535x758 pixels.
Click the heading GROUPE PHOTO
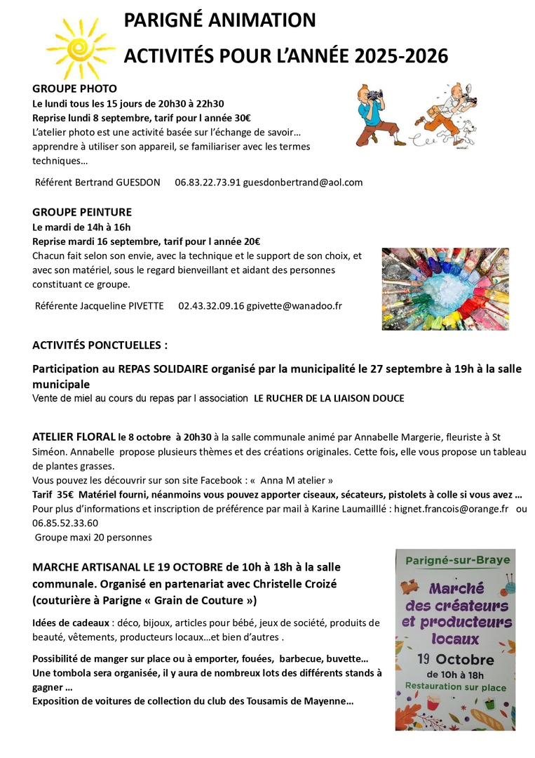[74, 88]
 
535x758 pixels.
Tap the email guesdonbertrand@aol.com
[303, 182]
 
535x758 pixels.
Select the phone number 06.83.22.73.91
[208, 182]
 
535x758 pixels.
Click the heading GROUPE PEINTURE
[81, 212]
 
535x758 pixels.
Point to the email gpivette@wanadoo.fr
[294, 306]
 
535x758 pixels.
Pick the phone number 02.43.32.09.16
[211, 306]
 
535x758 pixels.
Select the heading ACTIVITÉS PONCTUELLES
[100, 345]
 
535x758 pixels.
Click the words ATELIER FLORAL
[74, 437]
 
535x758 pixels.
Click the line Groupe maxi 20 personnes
[93, 537]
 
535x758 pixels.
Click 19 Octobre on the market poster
[455, 660]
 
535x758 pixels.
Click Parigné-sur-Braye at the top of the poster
[454, 560]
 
